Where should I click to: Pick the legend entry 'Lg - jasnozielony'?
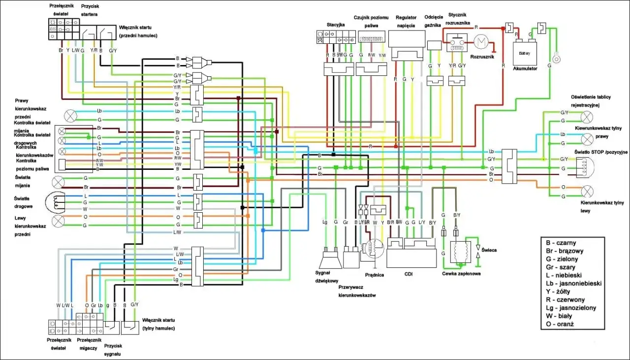point(571,308)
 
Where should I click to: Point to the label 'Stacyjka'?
point(336,25)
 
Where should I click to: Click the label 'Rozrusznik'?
point(483,58)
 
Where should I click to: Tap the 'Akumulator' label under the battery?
point(525,68)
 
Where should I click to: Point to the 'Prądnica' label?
point(375,275)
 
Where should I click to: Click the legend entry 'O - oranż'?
point(560,324)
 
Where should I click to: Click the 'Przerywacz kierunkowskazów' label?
point(357,291)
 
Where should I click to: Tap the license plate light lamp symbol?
point(587,117)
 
